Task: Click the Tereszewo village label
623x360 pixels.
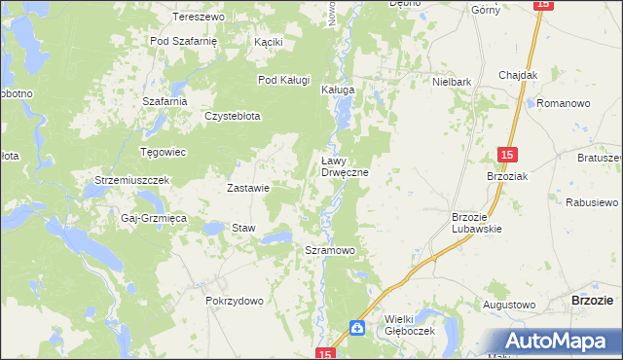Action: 199,18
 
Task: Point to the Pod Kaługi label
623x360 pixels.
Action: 283,80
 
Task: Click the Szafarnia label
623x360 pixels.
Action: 164,101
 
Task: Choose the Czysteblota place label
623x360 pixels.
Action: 232,116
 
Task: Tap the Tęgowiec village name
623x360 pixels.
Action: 164,152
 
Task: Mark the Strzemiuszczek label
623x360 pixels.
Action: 132,181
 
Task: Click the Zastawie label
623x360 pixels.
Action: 247,188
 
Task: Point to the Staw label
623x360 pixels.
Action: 242,228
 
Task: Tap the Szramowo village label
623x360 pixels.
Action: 330,250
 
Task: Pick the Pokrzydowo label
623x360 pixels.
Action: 235,302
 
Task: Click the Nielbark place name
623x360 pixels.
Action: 453,83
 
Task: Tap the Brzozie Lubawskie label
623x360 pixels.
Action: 477,223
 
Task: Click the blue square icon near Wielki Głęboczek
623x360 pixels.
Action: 358,329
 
